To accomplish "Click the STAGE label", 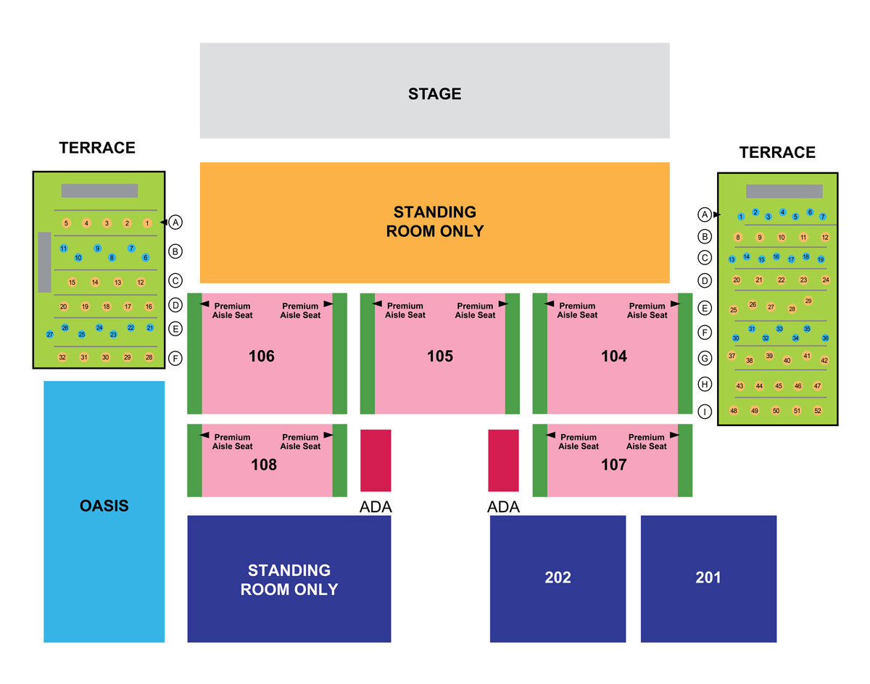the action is click(x=434, y=93).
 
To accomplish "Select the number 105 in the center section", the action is click(x=440, y=356).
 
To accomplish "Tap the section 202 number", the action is click(x=558, y=577).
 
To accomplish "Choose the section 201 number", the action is click(x=708, y=577).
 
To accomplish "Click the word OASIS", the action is click(x=104, y=506).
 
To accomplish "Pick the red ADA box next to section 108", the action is click(x=376, y=460).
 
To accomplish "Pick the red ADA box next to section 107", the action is click(x=503, y=460).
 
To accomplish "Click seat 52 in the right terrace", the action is click(x=818, y=411).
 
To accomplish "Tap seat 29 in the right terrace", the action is click(x=808, y=301).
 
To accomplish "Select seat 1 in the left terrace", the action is click(x=147, y=222).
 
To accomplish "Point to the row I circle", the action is click(x=705, y=412).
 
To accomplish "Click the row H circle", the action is click(x=705, y=384).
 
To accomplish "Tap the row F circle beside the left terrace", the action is click(x=175, y=358).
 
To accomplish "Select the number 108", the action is click(x=264, y=464).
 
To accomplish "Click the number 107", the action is click(x=613, y=464).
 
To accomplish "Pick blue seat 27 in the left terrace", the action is click(x=50, y=334).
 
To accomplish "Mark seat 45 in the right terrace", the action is click(x=778, y=385).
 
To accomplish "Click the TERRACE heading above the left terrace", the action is click(x=97, y=148).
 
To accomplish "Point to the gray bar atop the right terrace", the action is click(x=784, y=191).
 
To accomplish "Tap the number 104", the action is click(x=613, y=356).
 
